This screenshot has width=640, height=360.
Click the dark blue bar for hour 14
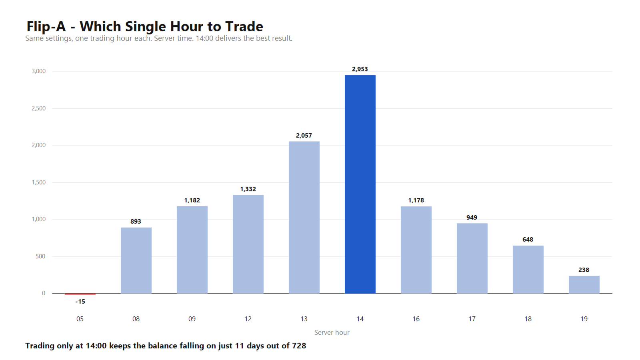pyautogui.click(x=360, y=184)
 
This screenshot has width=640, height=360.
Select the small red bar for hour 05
pyautogui.click(x=80, y=294)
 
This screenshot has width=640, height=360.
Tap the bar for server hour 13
pyautogui.click(x=304, y=218)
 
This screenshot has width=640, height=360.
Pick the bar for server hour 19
pyautogui.click(x=584, y=284)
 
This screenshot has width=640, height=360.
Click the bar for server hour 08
pyautogui.click(x=136, y=260)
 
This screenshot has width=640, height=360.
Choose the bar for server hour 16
pyautogui.click(x=416, y=250)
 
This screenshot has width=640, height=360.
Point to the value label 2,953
pyautogui.click(x=360, y=69)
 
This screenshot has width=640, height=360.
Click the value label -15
pyautogui.click(x=80, y=302)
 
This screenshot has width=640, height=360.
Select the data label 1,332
pyautogui.click(x=248, y=189)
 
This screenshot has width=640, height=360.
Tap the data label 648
pyautogui.click(x=528, y=240)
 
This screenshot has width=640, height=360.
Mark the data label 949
pyautogui.click(x=472, y=218)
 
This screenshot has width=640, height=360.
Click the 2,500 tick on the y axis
pyautogui.click(x=38, y=108)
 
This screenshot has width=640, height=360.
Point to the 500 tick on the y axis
pyautogui.click(x=40, y=256)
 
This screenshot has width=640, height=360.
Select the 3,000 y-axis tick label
pyautogui.click(x=38, y=71)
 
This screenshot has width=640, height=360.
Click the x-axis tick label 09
pyautogui.click(x=192, y=319)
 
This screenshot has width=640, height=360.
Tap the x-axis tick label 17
pyautogui.click(x=472, y=319)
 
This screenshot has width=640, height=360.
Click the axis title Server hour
pyautogui.click(x=332, y=332)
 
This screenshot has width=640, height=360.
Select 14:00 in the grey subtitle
pyautogui.click(x=204, y=38)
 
